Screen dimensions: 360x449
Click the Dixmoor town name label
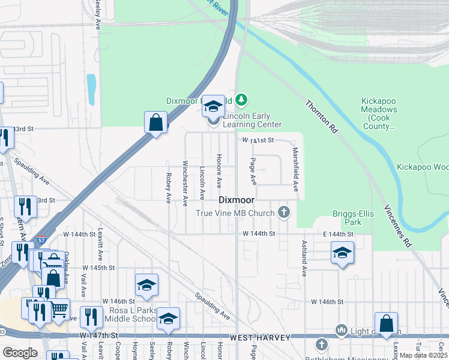coord(236,199)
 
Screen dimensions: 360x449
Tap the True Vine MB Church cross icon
coord(284,212)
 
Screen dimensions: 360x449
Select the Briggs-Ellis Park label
coord(351,218)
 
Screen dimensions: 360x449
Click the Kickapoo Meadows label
coord(379,114)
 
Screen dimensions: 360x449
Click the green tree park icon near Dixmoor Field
coord(241,99)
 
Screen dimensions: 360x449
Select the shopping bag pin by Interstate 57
coord(155,122)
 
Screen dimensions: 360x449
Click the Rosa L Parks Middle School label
coord(129,314)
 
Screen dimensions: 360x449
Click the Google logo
coord(20,353)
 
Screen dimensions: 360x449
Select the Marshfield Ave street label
coord(295,169)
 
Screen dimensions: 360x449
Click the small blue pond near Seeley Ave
coord(91,89)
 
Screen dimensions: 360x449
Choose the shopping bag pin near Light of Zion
coord(386,323)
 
